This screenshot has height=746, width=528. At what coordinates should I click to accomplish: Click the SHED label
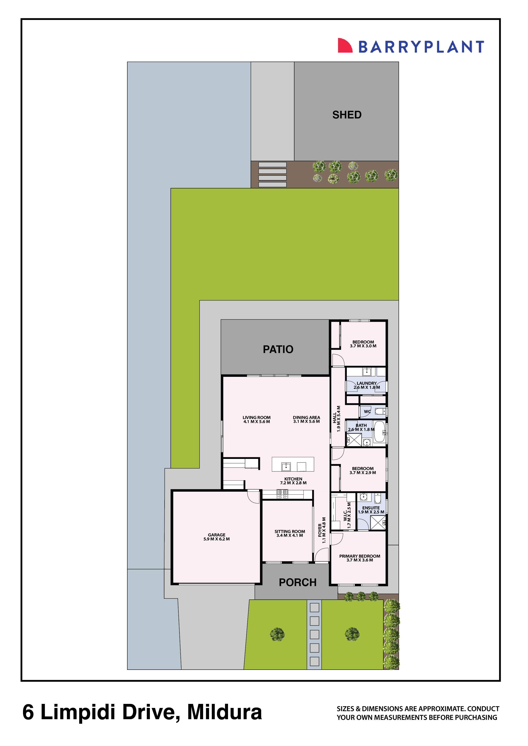point(347,115)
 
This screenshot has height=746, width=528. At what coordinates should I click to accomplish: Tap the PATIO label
point(278,349)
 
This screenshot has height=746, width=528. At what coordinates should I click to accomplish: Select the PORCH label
point(298,582)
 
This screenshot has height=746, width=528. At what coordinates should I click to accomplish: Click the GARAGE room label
point(217,534)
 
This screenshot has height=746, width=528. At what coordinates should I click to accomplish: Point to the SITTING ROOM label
point(290,531)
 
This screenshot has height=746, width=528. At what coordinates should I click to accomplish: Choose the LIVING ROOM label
point(257,417)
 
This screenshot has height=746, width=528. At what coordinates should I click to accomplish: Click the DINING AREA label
point(306,417)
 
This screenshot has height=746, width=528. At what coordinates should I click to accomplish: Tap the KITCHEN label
point(293,479)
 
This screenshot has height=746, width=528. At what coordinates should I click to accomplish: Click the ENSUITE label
point(371,508)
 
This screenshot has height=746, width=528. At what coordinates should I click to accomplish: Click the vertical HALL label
point(334,418)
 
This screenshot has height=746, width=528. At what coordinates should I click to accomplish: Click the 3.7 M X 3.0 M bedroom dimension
point(363,346)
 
